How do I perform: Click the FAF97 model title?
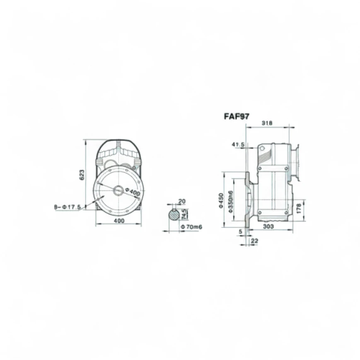click(237, 116)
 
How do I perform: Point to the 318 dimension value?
click(267, 123)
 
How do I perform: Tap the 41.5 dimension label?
click(238, 145)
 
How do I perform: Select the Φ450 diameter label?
click(221, 200)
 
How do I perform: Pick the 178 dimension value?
click(299, 209)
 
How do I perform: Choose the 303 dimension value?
click(268, 226)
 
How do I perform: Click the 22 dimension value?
click(255, 241)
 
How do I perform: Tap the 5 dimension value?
click(240, 231)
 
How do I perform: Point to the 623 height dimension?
click(82, 175)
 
